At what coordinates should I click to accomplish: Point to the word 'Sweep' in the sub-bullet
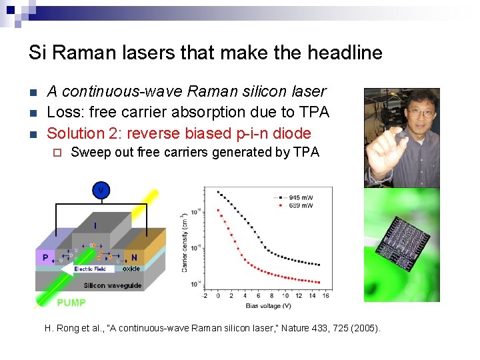pos(91,152)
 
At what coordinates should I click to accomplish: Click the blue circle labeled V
pos(101,191)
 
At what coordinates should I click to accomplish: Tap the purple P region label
pos(45,257)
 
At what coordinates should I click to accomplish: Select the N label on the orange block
pos(134,257)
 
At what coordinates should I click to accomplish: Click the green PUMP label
pos(71,302)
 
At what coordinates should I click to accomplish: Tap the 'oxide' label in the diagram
pos(131,269)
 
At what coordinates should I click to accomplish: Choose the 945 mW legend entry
pos(298,197)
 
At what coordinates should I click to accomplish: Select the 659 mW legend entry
pos(298,205)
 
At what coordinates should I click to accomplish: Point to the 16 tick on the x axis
pos(325,295)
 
